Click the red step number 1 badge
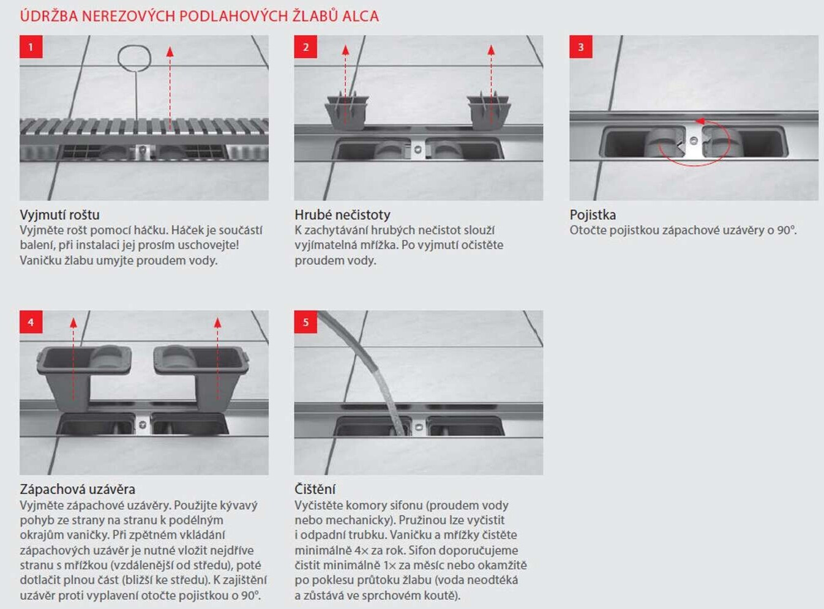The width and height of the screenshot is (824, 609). click(31, 47)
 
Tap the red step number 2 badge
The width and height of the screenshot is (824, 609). click(305, 47)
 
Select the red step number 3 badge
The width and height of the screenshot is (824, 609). click(581, 47)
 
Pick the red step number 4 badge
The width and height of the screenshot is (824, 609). click(31, 322)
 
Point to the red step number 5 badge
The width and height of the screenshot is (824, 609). click(305, 322)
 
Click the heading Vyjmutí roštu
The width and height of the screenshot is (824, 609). click(59, 215)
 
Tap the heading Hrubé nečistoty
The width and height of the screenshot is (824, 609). click(342, 215)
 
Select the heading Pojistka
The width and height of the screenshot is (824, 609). click(593, 215)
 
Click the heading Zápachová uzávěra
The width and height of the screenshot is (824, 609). click(77, 489)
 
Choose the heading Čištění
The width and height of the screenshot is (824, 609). click(315, 489)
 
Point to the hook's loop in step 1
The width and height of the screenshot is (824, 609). click(135, 58)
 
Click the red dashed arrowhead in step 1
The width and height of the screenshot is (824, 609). click(170, 51)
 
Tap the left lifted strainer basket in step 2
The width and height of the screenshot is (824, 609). click(347, 113)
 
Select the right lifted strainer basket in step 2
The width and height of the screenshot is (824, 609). click(489, 113)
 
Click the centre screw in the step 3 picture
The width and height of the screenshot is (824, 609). click(693, 140)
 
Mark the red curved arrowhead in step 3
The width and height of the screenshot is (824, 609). click(700, 121)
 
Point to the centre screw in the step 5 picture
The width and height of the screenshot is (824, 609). click(418, 427)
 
